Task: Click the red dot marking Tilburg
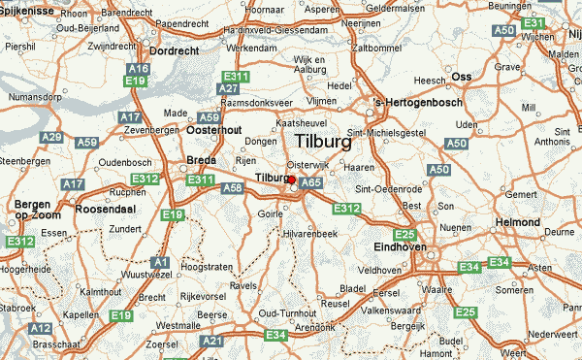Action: coord(291,179)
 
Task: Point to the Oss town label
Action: coord(462,77)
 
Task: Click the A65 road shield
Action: coord(310,181)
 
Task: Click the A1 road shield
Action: coord(161,262)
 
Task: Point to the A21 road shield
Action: coord(211,342)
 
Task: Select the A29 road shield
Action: coord(51,138)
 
